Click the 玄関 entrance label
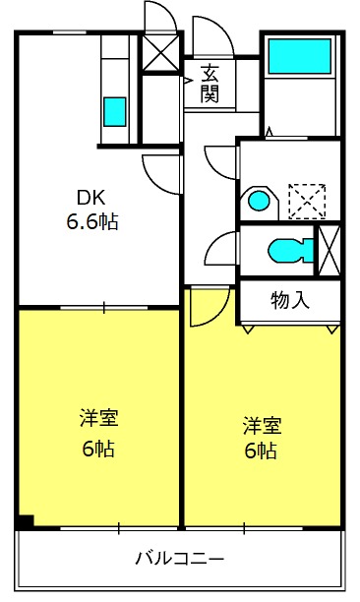[x=210, y=84]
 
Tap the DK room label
[x=90, y=198]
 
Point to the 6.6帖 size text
[x=92, y=221]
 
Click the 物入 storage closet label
[x=290, y=300]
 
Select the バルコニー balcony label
[x=179, y=559]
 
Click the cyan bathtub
[x=300, y=56]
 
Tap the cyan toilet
[x=291, y=251]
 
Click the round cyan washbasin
[x=259, y=201]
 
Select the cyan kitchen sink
[x=114, y=112]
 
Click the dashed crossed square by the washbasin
[x=307, y=202]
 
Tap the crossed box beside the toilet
[x=330, y=251]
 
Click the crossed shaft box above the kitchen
[x=160, y=53]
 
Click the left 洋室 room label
[x=99, y=418]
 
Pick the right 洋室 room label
[x=263, y=426]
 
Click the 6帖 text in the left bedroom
[x=98, y=448]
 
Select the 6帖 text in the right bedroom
[x=261, y=451]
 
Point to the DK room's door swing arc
[x=150, y=179]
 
